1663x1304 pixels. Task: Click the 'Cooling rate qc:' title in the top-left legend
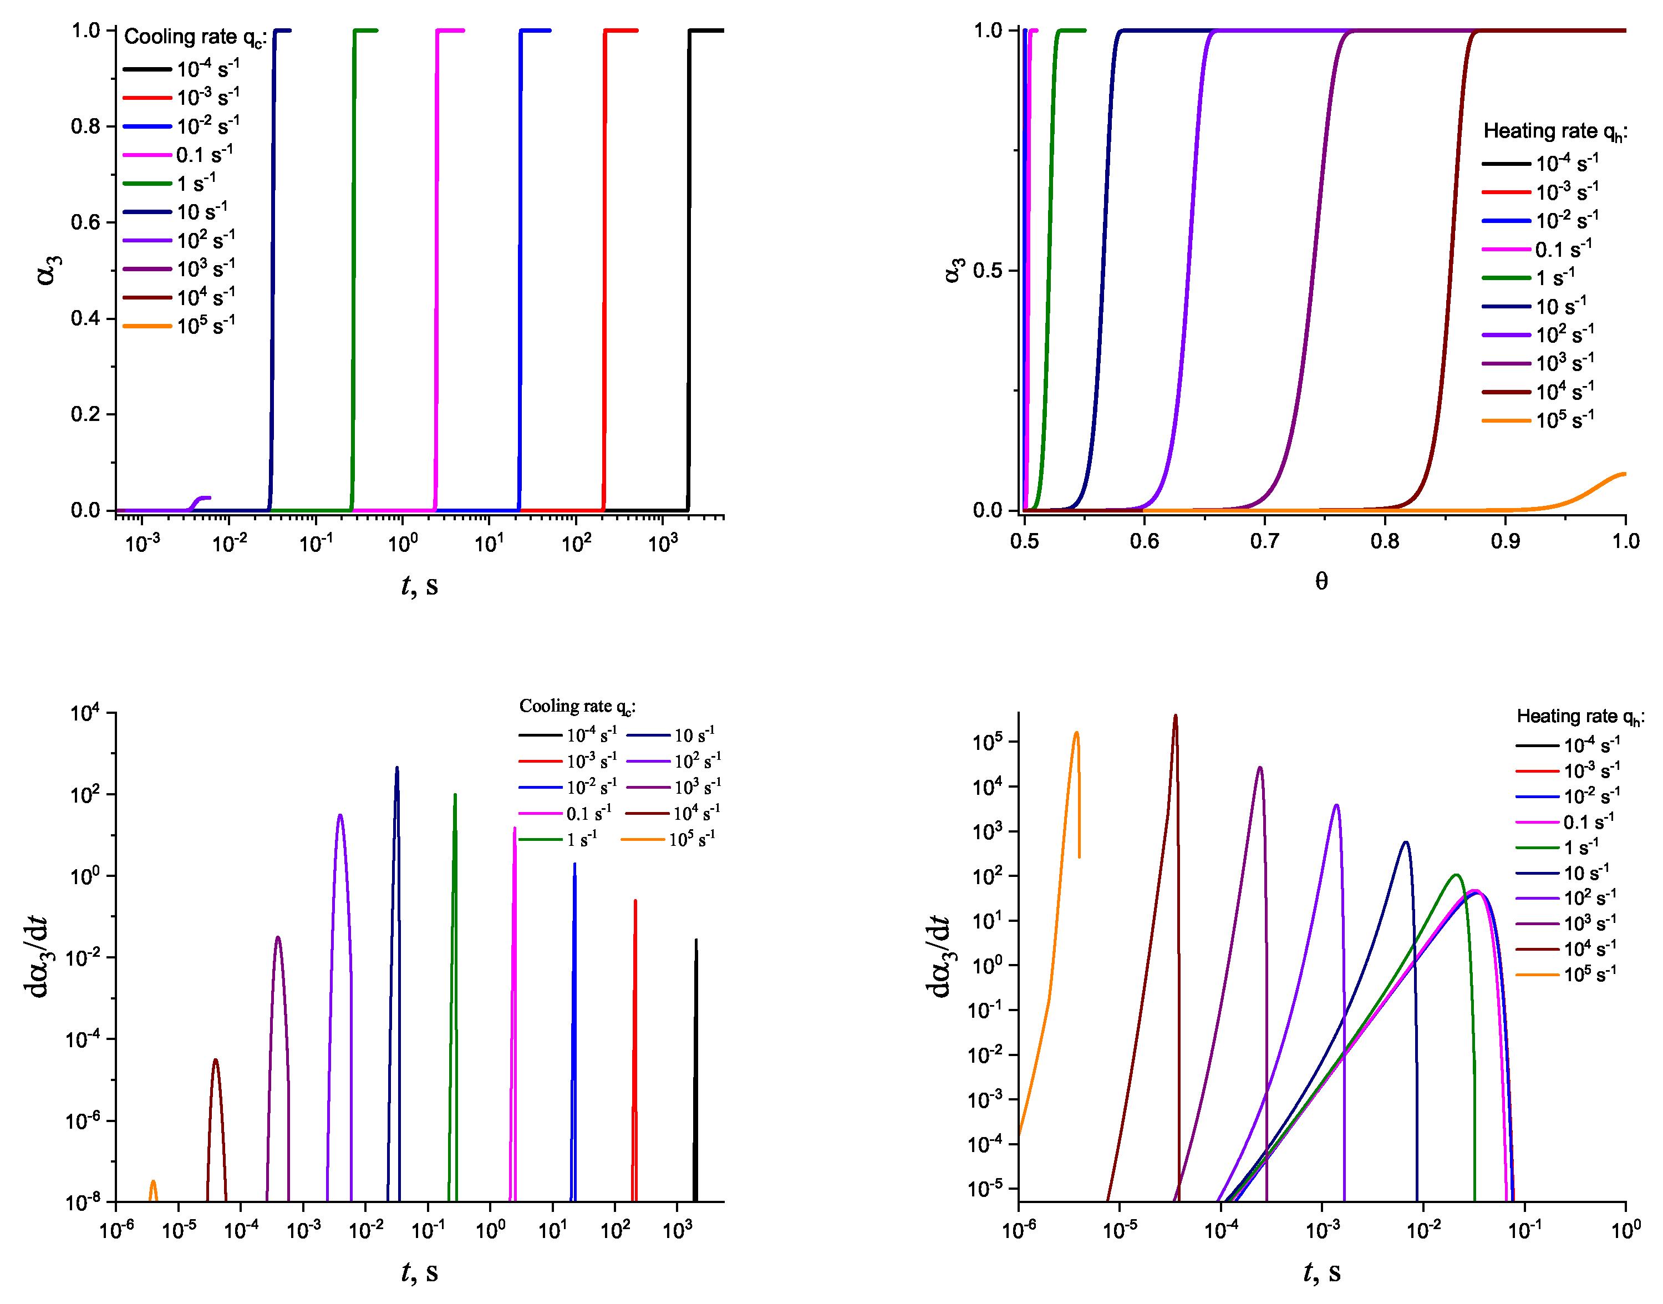194,37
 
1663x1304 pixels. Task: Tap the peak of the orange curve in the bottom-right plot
1076,734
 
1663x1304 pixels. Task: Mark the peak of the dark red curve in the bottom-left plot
216,1061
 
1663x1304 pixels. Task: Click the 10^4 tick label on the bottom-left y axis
85,714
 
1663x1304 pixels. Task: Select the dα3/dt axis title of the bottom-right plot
939,957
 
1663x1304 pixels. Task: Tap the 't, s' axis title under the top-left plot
419,586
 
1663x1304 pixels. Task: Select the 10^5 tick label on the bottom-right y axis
988,742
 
